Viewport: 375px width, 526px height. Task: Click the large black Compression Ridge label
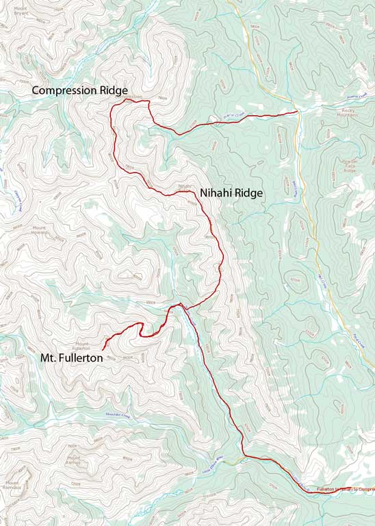[79, 90]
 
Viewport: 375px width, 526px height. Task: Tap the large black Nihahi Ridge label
[231, 194]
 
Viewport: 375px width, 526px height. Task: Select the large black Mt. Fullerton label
[71, 358]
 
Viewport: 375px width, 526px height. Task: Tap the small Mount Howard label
[40, 230]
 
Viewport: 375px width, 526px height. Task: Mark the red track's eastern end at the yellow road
[296, 111]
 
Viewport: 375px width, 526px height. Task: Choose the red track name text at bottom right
[346, 490]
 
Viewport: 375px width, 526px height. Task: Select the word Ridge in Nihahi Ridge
[248, 194]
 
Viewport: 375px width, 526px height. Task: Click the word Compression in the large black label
[64, 90]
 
